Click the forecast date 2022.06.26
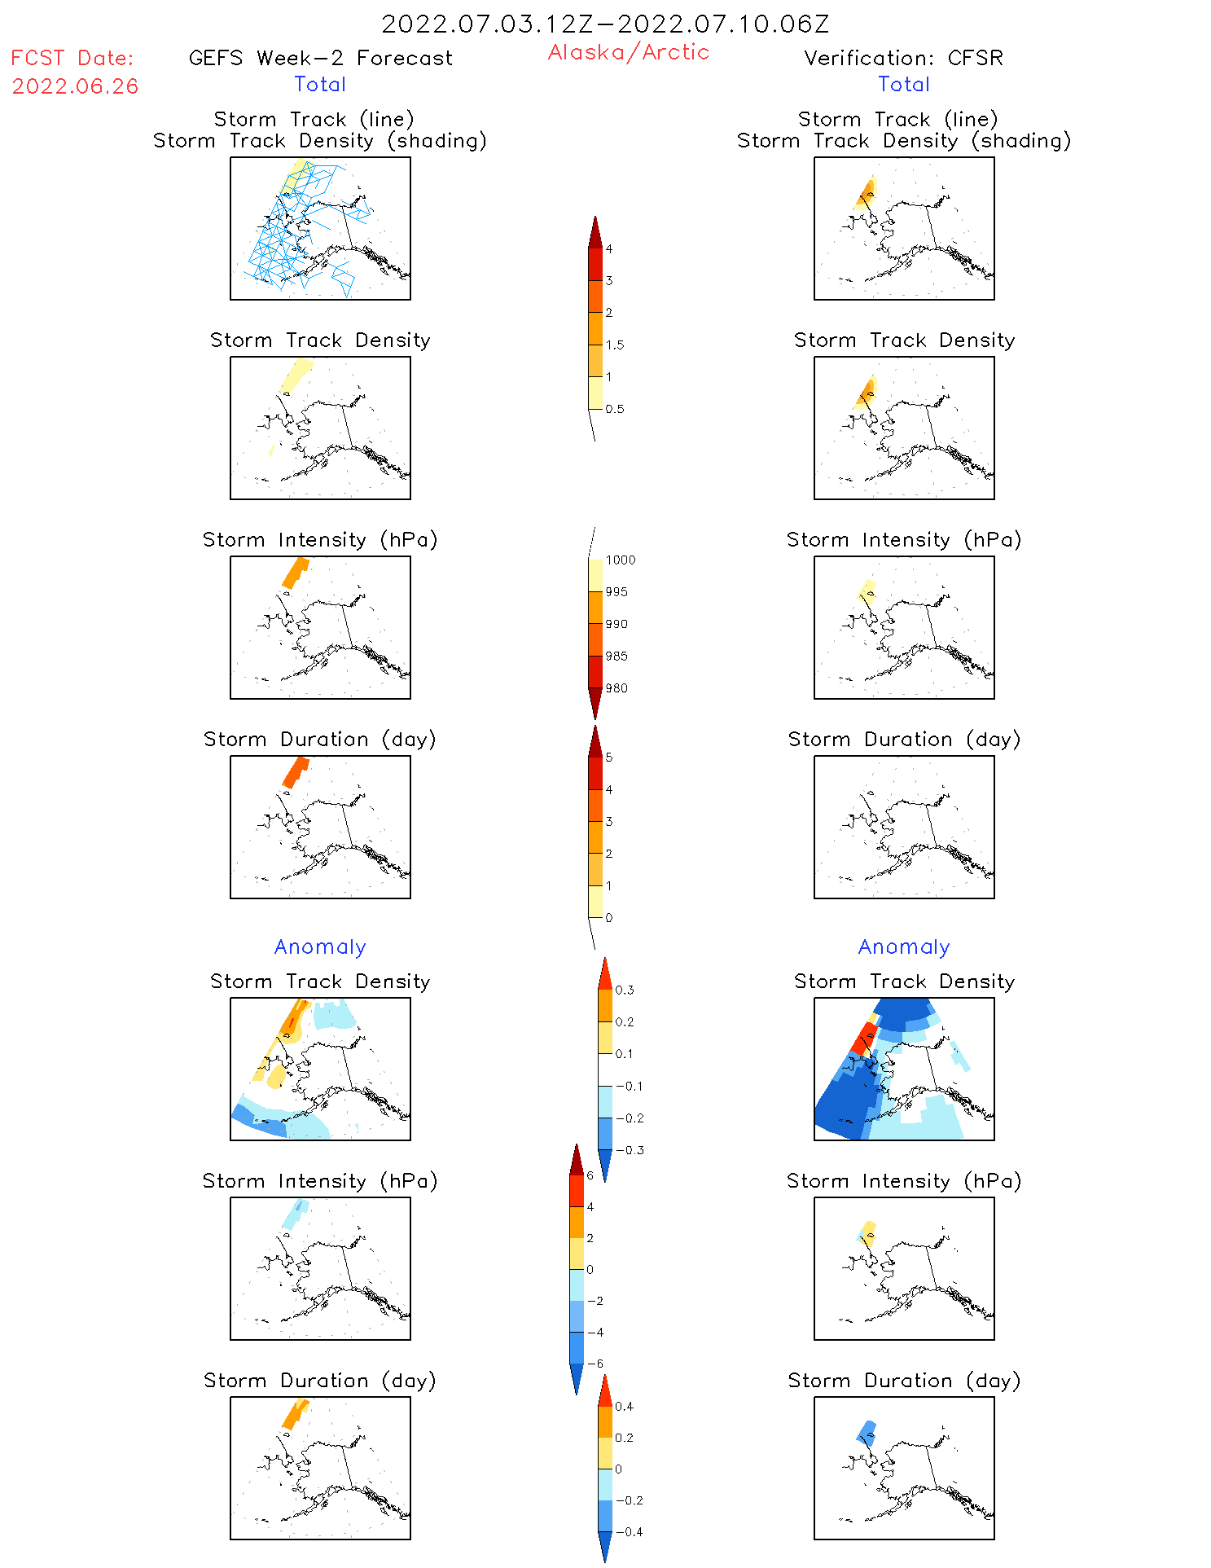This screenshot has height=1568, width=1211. tap(75, 86)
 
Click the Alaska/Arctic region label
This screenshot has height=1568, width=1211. tap(628, 52)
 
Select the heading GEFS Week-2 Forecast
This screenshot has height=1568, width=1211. tap(320, 58)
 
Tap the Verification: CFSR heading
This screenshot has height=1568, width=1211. tap(903, 58)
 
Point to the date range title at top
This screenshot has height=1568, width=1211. tap(605, 24)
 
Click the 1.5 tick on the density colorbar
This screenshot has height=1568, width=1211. tap(615, 345)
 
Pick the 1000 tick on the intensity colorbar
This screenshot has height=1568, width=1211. tap(620, 560)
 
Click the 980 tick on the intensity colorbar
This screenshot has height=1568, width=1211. tap(616, 688)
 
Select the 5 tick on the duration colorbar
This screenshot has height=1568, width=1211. tap(609, 758)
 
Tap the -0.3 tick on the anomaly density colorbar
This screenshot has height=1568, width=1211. tap(630, 1150)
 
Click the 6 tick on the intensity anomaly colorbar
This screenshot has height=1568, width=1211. tap(590, 1175)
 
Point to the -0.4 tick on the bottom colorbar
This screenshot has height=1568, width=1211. tap(629, 1531)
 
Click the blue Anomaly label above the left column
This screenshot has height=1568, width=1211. tap(320, 947)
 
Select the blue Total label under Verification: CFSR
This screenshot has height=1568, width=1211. tap(903, 84)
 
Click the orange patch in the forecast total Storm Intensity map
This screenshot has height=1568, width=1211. tap(295, 572)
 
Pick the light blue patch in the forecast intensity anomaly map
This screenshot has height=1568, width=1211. tap(293, 1215)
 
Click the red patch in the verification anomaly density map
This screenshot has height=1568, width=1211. tap(863, 1039)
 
